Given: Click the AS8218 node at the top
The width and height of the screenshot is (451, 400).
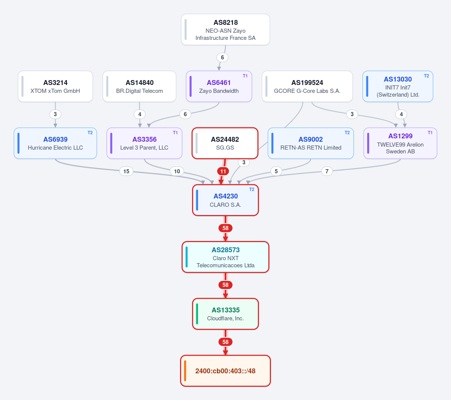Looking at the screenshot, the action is coord(225,30).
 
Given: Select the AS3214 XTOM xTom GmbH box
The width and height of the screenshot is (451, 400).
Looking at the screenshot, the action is coord(55,86).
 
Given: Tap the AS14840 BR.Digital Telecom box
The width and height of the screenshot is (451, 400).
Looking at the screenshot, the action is coord(139,86).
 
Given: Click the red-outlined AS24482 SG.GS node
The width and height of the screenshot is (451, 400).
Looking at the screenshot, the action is coord(225,143).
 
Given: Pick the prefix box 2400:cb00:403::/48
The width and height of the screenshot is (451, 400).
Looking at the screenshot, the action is coord(225,371).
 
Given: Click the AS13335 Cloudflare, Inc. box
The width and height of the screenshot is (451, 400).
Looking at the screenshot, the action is coord(225,314).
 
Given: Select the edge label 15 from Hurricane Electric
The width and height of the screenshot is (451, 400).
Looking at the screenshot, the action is coord(126,171).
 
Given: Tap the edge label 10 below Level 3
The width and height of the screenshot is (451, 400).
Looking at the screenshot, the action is coord(177,171).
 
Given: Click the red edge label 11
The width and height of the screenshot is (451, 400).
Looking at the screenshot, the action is coord(223,171).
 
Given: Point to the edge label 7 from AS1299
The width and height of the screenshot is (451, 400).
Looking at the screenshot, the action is coord(327,171).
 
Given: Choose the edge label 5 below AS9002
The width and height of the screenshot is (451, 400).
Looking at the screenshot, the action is coord(276,171).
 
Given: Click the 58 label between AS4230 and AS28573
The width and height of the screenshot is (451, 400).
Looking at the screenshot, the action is coord(225,228).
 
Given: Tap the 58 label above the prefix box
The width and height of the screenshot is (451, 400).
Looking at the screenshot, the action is coord(225,342).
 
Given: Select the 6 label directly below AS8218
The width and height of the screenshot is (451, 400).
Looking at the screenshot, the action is coord(222,58).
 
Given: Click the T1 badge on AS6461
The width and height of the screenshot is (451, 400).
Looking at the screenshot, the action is coord(245,76).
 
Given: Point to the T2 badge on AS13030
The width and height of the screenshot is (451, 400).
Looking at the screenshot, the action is coord(426,76).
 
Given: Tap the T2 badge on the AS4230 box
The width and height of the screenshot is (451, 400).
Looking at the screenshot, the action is coord(251,189).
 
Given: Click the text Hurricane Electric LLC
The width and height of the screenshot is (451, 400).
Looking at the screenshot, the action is coord(55,148).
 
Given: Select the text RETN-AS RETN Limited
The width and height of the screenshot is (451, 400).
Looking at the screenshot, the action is coord(311,148).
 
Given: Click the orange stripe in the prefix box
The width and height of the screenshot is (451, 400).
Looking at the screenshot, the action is coord(185,371).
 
